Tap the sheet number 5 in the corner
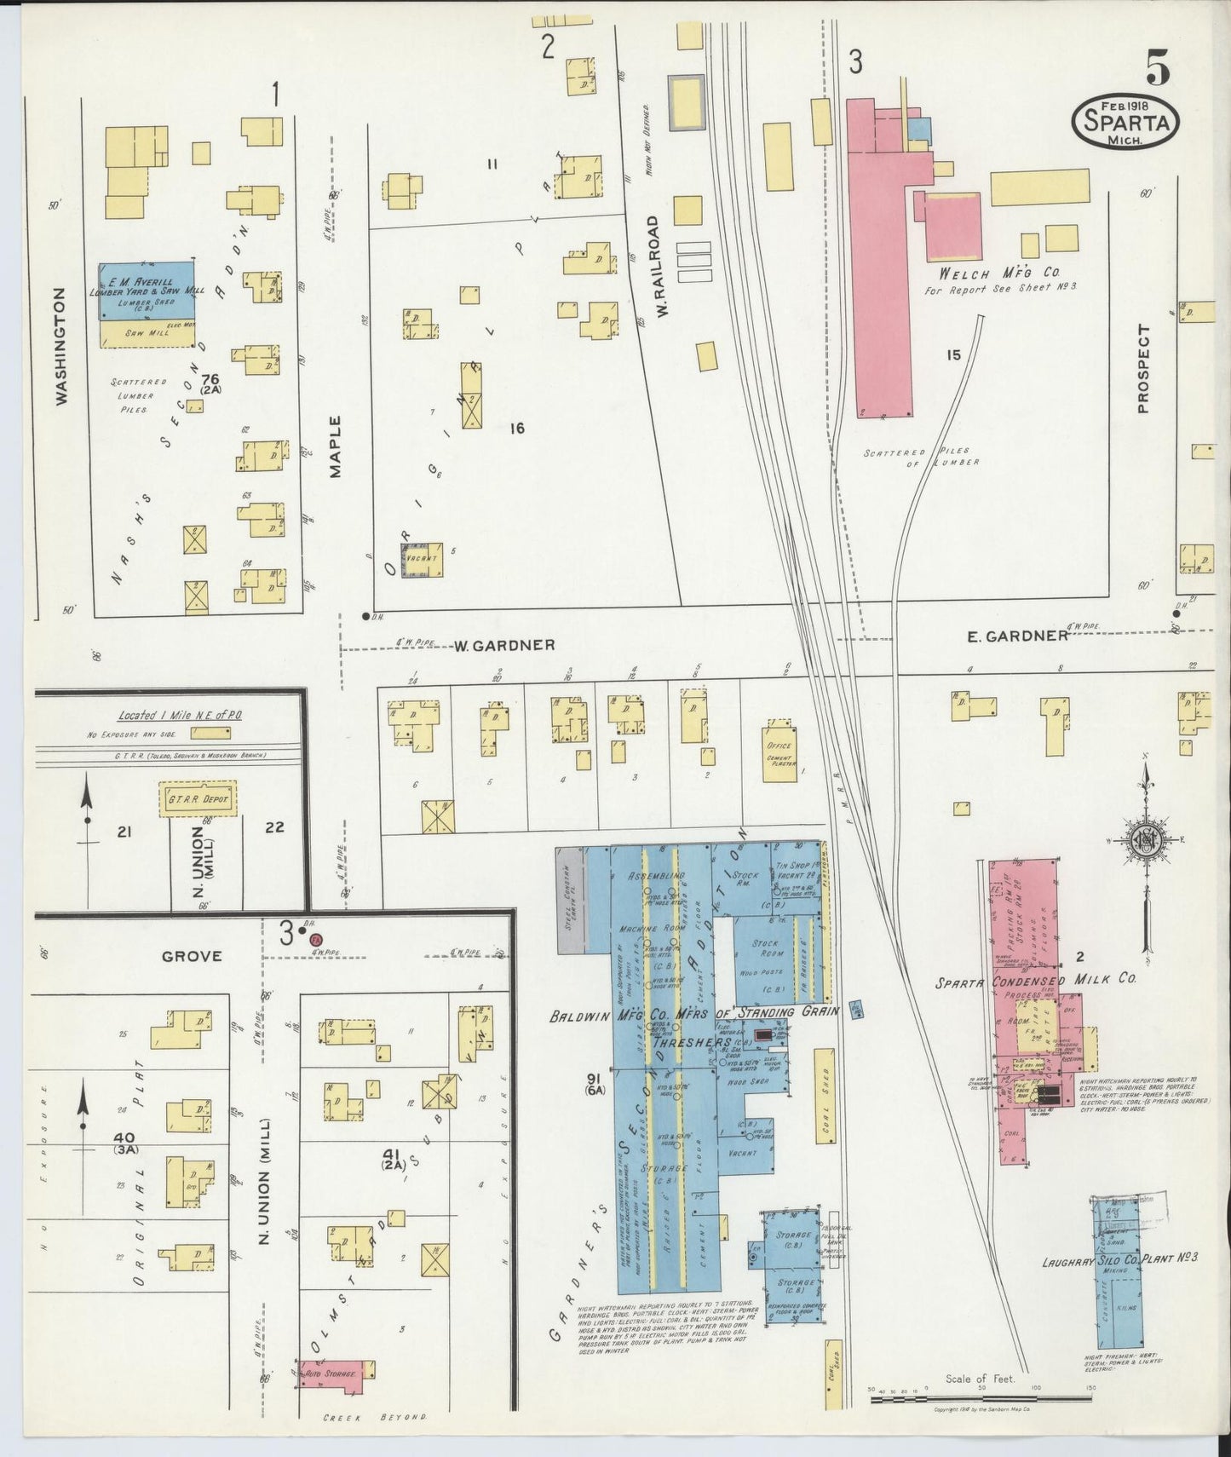pos(1157,67)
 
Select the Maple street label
pos(335,446)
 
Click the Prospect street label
pos(1143,369)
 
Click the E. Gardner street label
pos(1017,636)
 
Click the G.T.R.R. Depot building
pos(198,798)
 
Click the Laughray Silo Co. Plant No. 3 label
pos(1119,1258)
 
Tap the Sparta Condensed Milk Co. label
pos(1036,981)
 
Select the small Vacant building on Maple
pos(422,561)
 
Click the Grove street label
pos(192,956)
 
